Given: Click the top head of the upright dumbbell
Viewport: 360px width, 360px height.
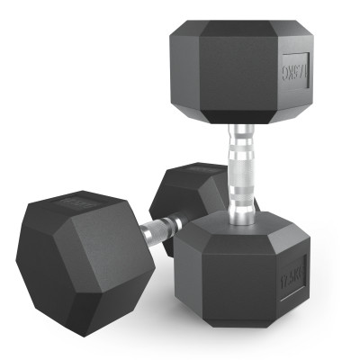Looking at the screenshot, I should [x=241, y=67].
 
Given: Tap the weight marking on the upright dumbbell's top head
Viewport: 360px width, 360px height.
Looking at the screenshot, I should [x=295, y=70].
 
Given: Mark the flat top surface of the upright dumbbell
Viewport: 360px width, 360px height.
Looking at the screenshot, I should [x=241, y=26].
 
